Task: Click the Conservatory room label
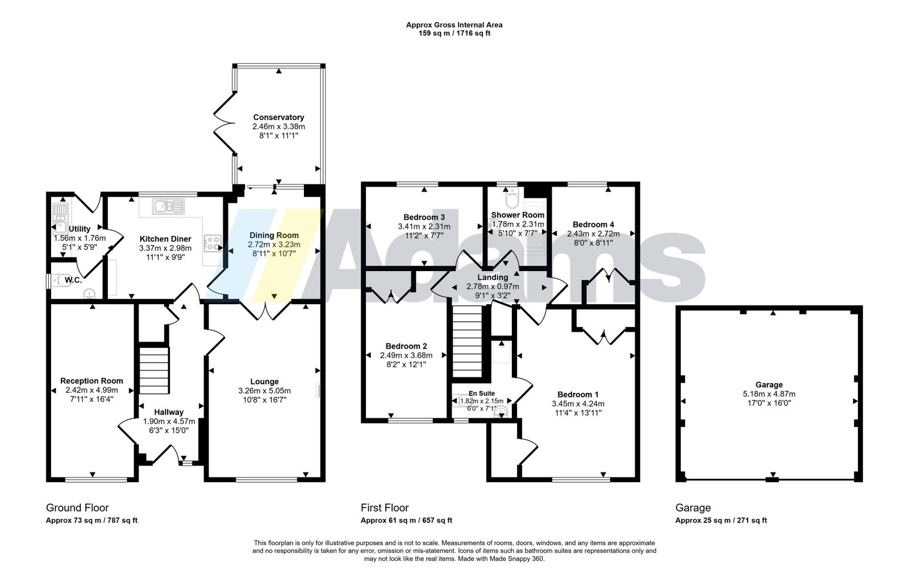(x=278, y=117)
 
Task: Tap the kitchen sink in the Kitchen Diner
(x=168, y=206)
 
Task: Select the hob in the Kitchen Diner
(x=212, y=243)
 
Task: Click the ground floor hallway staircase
(x=154, y=370)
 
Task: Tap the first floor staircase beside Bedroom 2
(x=467, y=342)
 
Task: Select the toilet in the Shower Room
(x=512, y=198)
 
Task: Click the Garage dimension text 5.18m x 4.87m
(x=769, y=394)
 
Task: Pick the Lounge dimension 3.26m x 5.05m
(x=265, y=391)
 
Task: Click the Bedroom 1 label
(x=578, y=395)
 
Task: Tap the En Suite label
(x=482, y=393)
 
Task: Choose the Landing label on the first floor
(x=493, y=277)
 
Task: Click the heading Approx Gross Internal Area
(x=454, y=25)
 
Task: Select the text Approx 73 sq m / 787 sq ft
(x=91, y=520)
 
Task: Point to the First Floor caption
(x=385, y=508)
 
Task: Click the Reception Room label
(x=91, y=381)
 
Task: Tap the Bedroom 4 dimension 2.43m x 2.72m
(x=593, y=234)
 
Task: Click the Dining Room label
(x=274, y=235)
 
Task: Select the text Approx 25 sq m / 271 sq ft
(x=721, y=520)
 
